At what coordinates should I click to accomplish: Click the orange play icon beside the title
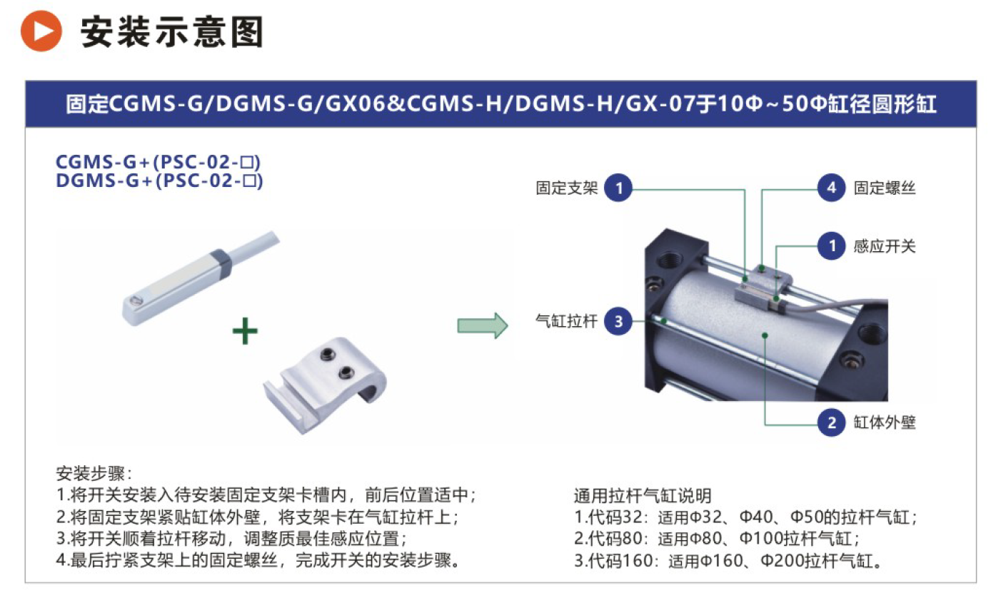click(41, 31)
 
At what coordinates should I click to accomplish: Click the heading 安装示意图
click(171, 32)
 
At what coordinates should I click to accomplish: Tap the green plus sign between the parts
click(245, 331)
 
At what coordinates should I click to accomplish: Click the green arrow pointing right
click(482, 326)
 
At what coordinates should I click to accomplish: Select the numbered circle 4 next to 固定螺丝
click(831, 188)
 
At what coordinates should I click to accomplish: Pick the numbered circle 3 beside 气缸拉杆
click(618, 321)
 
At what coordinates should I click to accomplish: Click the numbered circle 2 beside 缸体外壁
click(831, 422)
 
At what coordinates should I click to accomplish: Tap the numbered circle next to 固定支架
click(618, 188)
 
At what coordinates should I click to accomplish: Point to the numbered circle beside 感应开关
click(831, 246)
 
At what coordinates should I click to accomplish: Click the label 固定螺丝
click(885, 188)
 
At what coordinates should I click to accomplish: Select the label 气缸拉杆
click(566, 321)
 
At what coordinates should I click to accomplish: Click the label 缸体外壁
click(885, 422)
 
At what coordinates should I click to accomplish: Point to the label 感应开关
click(885, 246)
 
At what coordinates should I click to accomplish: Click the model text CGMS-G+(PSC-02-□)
click(158, 162)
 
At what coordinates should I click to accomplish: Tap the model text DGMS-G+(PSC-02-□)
click(159, 181)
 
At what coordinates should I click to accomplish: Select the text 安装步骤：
click(94, 474)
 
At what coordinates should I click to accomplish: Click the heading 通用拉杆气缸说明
click(643, 496)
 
